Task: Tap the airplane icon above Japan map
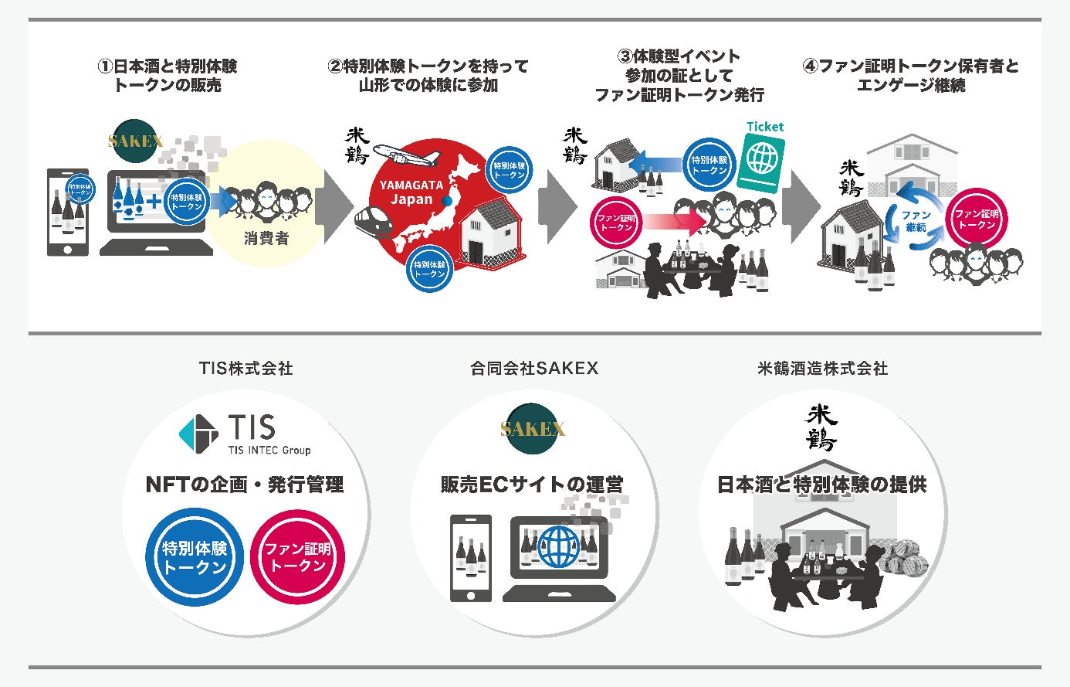[x=405, y=154]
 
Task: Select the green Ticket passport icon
[x=761, y=163]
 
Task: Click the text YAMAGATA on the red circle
[x=411, y=185]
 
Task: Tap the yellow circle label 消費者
[x=266, y=239]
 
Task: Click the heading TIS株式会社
[x=245, y=369]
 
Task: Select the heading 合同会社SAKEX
[x=534, y=369]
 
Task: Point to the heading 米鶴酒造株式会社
[x=822, y=369]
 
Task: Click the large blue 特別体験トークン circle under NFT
[x=195, y=557]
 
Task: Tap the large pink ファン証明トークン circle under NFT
[x=297, y=557]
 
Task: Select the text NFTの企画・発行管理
[x=245, y=485]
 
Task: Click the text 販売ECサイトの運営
[x=532, y=485]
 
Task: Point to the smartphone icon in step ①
[x=68, y=212]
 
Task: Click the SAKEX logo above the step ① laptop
[x=135, y=141]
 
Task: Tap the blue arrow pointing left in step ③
[x=656, y=164]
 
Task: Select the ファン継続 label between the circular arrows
[x=916, y=222]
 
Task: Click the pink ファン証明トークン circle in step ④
[x=977, y=219]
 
